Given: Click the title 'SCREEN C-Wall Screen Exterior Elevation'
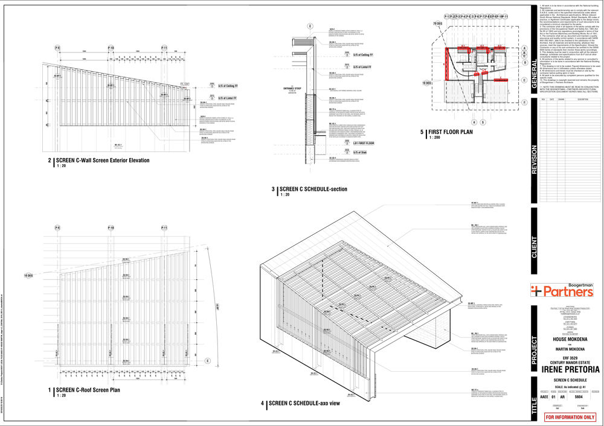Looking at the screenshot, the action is (x=103, y=161).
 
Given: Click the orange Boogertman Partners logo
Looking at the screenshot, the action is (x=562, y=290).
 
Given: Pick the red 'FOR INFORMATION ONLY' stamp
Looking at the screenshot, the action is (x=570, y=417).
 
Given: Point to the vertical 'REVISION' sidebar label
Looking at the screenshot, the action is (x=534, y=159).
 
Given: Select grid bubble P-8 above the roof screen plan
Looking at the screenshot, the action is (x=58, y=227).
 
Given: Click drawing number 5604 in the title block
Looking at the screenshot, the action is (x=578, y=398).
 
